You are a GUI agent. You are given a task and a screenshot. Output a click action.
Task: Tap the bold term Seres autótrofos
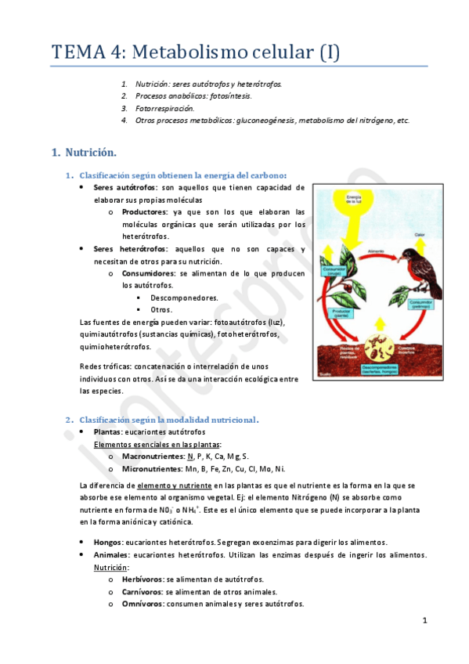pos(124,188)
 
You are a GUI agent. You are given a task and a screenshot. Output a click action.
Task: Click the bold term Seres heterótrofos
pos(129,248)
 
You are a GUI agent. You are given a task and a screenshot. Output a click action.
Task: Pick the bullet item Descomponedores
pos(184,298)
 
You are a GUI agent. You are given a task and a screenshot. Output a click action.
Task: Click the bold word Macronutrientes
pos(152,456)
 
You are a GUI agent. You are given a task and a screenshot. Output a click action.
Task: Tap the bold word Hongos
pos(107,542)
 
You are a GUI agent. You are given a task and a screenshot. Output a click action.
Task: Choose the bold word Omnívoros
pos(142,604)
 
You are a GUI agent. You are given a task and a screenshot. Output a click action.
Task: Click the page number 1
pos(424,621)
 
